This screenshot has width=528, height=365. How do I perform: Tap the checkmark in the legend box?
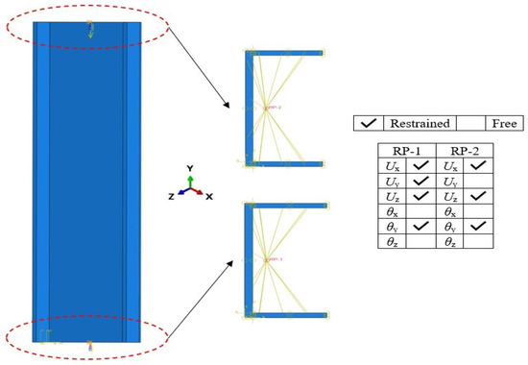(367, 124)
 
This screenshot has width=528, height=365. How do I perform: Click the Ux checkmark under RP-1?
(420, 166)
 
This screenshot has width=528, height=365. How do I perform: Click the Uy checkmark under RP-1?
(420, 181)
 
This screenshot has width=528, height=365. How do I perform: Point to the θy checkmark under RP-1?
(420, 226)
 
